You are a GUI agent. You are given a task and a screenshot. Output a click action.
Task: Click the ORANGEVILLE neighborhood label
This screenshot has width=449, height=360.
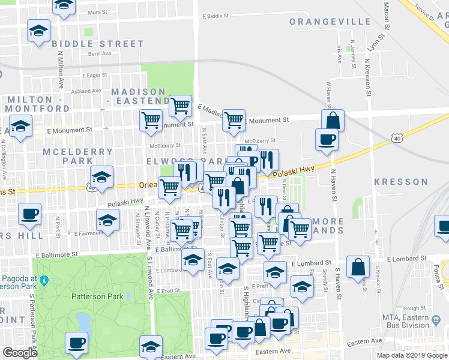(x=330, y=22)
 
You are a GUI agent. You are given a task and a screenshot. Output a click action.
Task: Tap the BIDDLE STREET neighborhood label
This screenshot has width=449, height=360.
(x=98, y=44)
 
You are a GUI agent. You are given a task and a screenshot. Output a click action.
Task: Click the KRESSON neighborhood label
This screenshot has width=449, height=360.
(x=400, y=182)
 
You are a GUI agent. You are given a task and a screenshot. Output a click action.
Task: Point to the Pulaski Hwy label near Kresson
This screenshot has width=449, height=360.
(x=294, y=172)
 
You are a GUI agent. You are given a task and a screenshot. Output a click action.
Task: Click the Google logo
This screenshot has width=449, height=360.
(x=20, y=353)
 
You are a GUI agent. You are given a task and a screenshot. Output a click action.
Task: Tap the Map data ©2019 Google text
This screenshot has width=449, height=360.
(x=411, y=355)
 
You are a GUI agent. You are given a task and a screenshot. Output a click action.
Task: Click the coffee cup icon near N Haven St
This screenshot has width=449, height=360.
(x=327, y=139)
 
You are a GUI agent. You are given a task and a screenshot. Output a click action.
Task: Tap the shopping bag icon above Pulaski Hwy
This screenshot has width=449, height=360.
(x=332, y=120)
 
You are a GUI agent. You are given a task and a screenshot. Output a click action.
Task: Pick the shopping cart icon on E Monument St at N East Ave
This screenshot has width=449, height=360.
(x=234, y=119)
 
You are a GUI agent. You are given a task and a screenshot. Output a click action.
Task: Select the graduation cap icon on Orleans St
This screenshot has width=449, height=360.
(x=102, y=176)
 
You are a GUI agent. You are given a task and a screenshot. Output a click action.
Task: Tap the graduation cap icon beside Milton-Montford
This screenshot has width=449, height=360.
(x=21, y=127)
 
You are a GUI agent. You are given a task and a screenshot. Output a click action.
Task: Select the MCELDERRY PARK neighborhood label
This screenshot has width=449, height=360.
(x=68, y=156)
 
